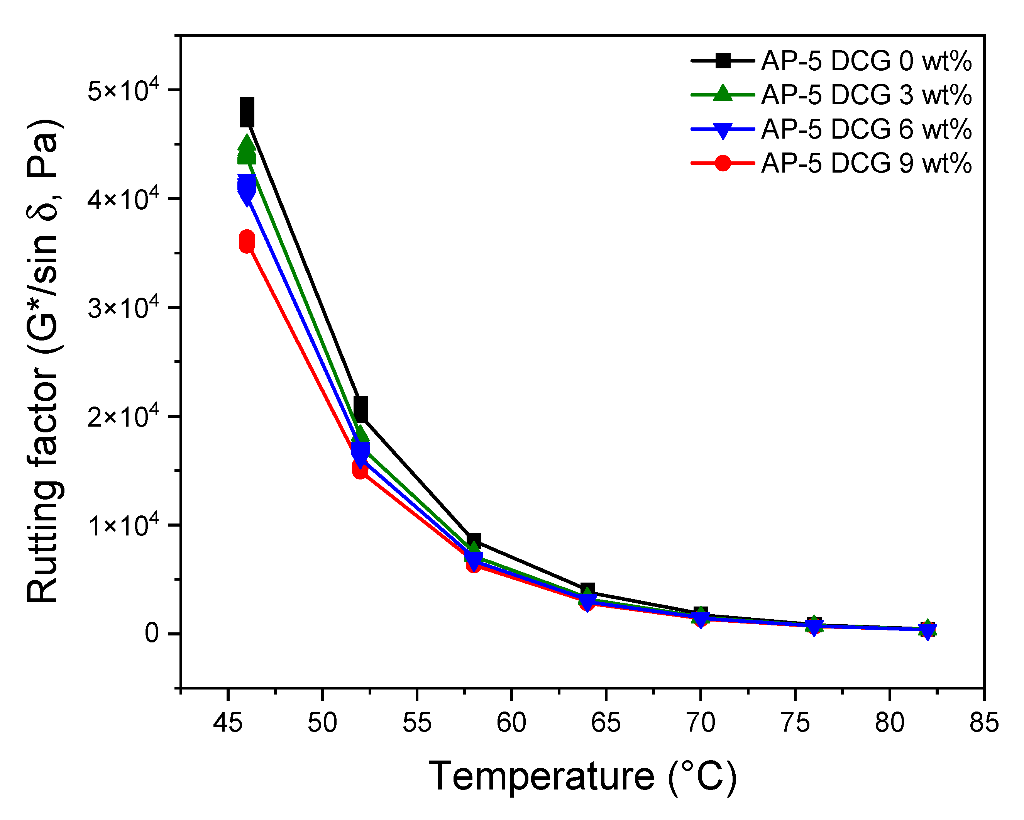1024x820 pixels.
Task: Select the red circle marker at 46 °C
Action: point(247,241)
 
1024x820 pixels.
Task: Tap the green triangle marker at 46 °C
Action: point(247,150)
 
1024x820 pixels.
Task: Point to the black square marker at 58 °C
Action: point(474,540)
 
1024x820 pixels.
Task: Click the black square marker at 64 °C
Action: point(587,591)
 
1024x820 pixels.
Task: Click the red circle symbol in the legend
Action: point(723,163)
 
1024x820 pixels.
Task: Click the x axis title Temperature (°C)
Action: point(582,776)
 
